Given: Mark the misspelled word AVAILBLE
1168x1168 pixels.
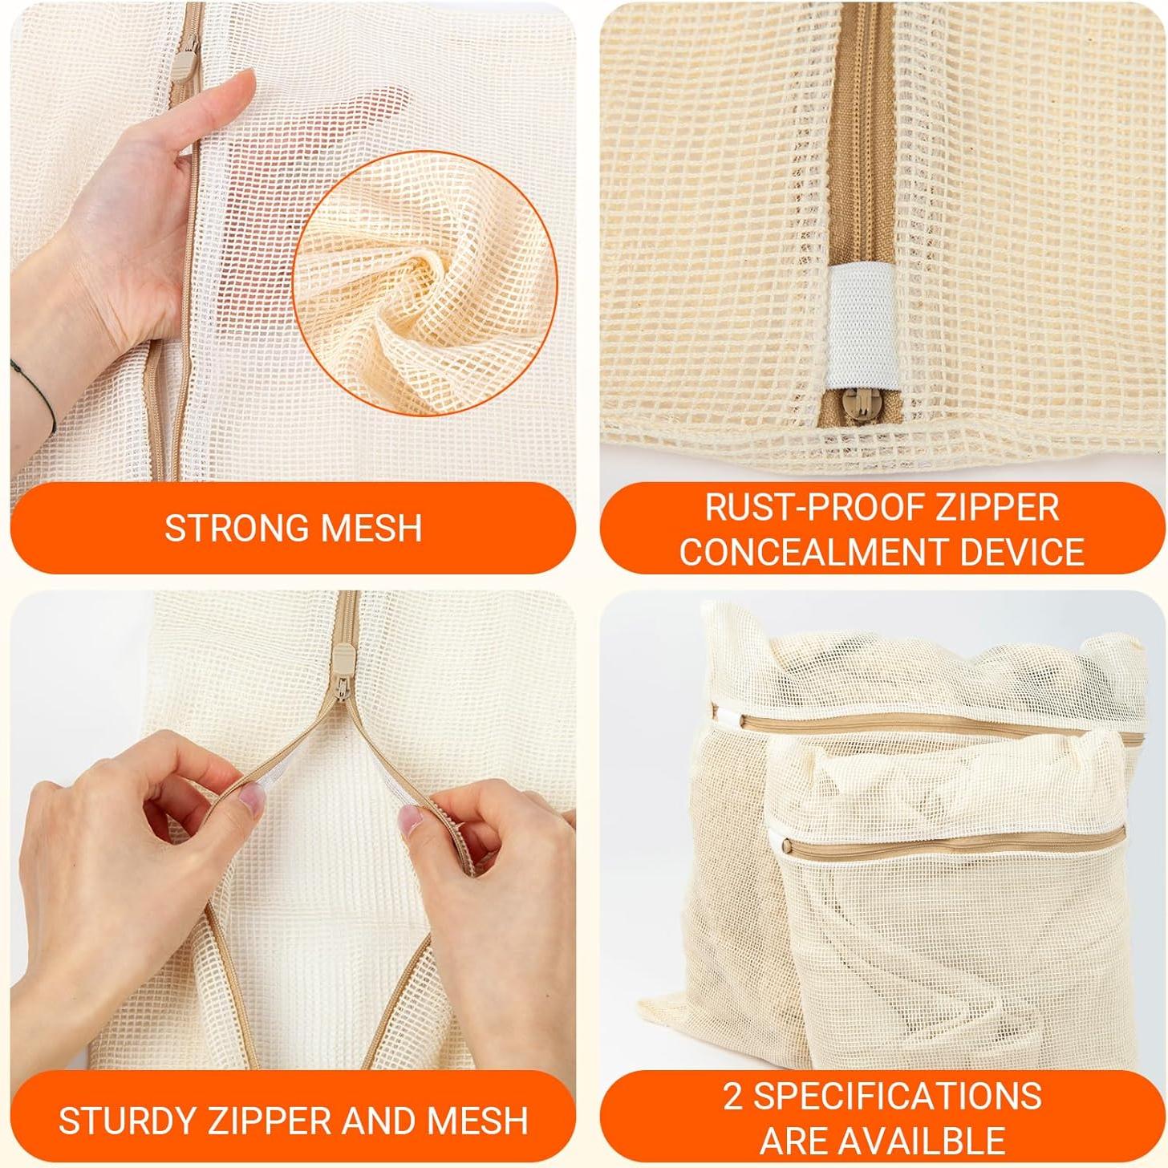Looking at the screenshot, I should (x=923, y=1140).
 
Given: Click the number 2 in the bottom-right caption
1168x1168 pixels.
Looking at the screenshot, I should (x=734, y=1097).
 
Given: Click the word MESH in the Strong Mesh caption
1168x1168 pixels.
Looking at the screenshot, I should (x=371, y=528).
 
